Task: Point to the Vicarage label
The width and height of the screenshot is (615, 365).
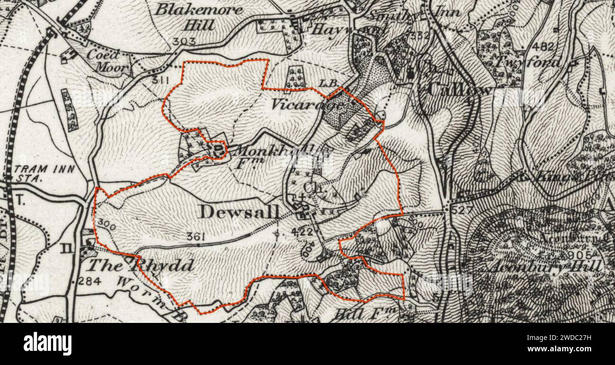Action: (307, 104)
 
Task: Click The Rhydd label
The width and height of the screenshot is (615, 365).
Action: (141, 266)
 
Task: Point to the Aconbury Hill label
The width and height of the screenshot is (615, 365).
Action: (546, 266)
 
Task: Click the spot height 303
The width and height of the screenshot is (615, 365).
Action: (184, 42)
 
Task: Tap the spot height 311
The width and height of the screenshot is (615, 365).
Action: (161, 80)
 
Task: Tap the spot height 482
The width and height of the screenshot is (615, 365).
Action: (543, 46)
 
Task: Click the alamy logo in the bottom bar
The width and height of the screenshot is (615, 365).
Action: (47, 344)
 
